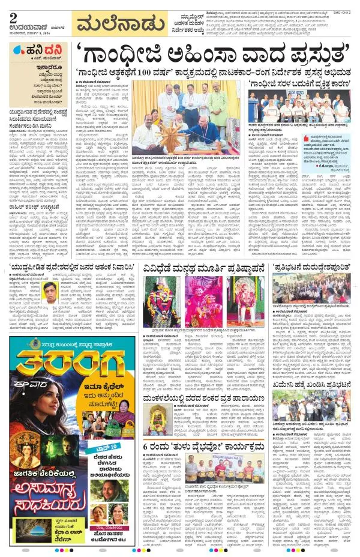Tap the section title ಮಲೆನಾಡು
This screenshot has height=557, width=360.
coord(121,26)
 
